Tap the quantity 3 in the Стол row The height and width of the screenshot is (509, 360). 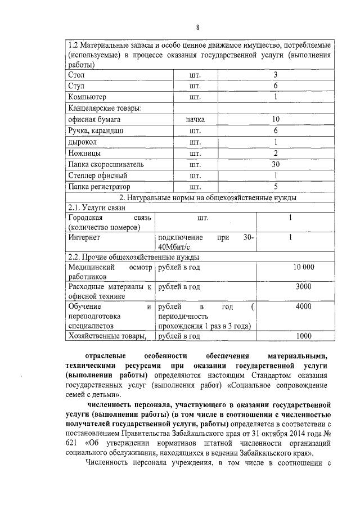(276, 75)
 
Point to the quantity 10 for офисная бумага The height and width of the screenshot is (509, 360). (276, 119)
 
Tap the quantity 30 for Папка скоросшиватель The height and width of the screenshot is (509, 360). (276, 164)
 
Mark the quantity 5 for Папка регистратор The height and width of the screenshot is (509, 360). (276, 186)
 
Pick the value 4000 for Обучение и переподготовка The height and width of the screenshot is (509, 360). (303, 307)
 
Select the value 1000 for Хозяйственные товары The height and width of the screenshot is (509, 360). (303, 336)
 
